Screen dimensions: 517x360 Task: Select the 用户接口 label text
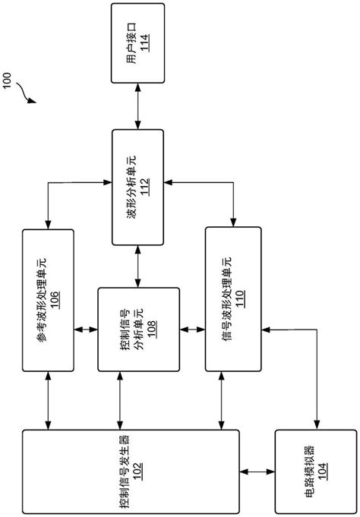point(130,43)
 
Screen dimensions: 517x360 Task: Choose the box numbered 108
point(139,329)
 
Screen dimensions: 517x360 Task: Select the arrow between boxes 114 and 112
point(137,106)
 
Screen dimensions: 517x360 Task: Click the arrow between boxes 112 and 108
point(137,266)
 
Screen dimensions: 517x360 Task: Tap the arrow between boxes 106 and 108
point(87,329)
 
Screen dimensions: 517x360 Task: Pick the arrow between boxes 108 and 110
point(194,329)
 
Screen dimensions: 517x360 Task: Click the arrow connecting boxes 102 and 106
point(49,399)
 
